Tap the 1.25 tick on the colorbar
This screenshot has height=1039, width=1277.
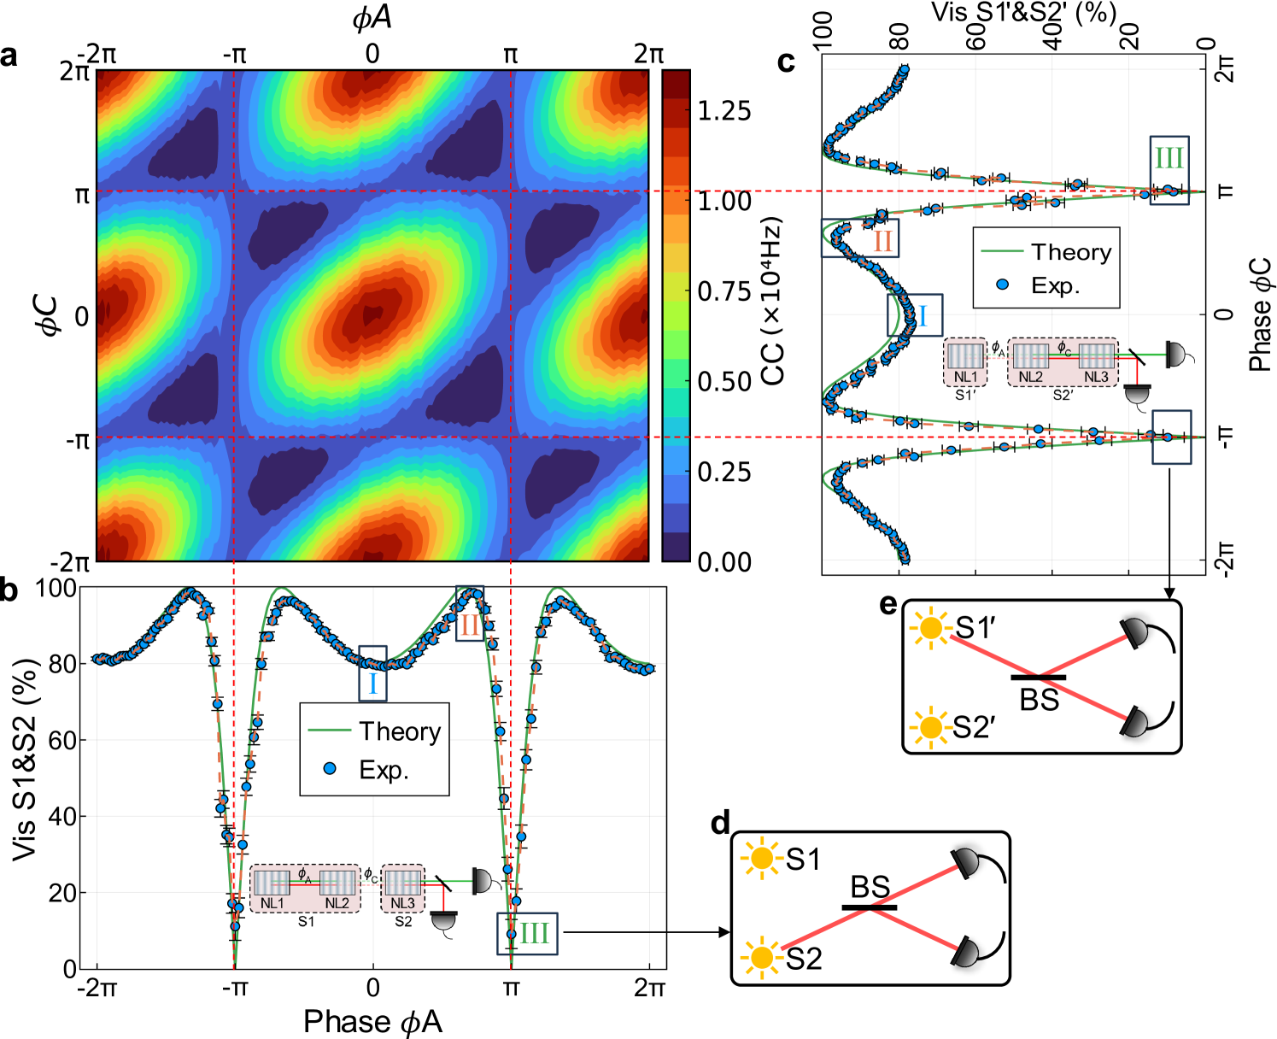coord(723,111)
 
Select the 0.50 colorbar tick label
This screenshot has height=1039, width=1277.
coord(723,382)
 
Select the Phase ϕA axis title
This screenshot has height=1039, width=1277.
coord(372,1021)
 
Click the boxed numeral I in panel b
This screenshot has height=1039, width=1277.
coord(372,683)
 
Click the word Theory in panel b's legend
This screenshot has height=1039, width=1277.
coord(399,731)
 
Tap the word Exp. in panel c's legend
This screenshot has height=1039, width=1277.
coord(1055,285)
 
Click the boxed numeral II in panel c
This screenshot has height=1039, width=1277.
coord(882,240)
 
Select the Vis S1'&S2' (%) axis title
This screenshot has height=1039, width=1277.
coord(1023,13)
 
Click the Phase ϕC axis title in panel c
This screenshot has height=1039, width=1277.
coord(1259,315)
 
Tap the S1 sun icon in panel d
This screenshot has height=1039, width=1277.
coord(761,858)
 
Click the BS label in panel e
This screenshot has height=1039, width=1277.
coord(1040,700)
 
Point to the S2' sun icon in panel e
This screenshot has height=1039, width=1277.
coord(930,728)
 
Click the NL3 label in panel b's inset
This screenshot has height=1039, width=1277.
coord(402,903)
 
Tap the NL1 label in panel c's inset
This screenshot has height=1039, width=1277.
coord(966,377)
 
